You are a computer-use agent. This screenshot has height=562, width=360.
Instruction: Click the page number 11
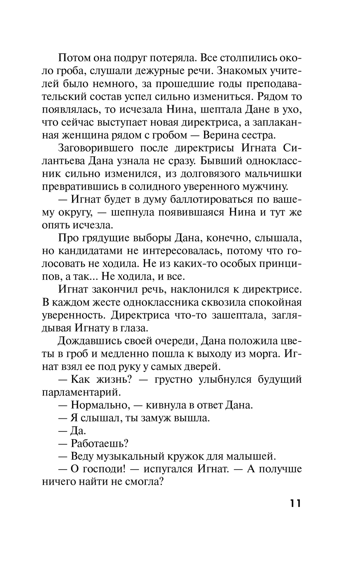point(294,503)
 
